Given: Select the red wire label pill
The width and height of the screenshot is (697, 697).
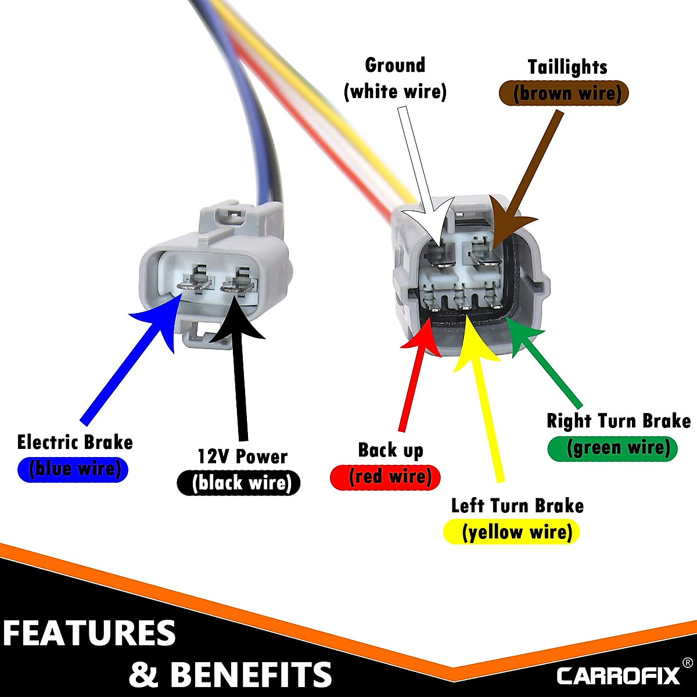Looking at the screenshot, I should [385, 477].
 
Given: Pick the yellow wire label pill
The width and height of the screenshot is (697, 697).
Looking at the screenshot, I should [512, 532].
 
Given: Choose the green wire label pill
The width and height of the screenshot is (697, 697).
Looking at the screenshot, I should [613, 448].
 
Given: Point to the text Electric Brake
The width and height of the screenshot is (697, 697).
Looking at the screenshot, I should [75, 443].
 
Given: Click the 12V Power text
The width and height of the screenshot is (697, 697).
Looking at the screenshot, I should [242, 457].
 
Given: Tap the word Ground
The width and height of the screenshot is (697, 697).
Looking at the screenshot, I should [395, 65].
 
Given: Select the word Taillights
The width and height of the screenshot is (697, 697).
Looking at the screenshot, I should [567, 67].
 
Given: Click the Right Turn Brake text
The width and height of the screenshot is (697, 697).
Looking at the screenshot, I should [619, 421].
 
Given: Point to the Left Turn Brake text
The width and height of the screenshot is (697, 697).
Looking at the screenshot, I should [517, 505].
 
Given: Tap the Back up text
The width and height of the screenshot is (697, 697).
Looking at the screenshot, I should [390, 450].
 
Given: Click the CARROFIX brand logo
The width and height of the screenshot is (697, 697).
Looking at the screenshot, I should [619, 676].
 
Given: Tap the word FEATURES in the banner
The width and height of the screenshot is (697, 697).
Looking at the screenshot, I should [89, 633].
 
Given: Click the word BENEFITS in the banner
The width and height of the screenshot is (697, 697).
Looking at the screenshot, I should [251, 674].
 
